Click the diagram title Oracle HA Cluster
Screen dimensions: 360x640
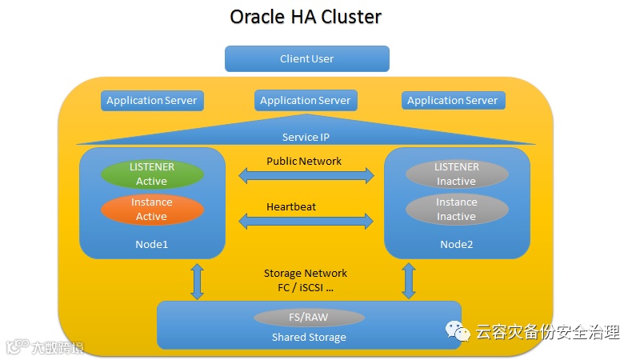(306, 17)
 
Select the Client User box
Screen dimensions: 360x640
(307, 58)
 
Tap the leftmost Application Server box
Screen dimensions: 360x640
(152, 101)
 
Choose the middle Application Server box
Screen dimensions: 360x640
(306, 101)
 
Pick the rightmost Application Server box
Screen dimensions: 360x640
(452, 101)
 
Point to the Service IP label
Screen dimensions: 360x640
(306, 138)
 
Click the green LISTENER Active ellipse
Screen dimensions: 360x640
(151, 174)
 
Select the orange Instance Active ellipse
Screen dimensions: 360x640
(151, 210)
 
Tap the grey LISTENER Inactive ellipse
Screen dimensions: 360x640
(457, 174)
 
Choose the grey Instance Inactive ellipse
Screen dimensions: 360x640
(457, 210)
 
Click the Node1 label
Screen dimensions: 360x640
(151, 244)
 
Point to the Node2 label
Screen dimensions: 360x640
(457, 244)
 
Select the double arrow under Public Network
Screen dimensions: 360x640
(306, 174)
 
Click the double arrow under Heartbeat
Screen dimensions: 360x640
(306, 220)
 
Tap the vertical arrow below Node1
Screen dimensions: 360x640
(198, 281)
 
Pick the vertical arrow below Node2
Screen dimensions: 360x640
(410, 281)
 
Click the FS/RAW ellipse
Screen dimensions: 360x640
(309, 318)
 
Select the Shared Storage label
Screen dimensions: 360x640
(309, 337)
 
